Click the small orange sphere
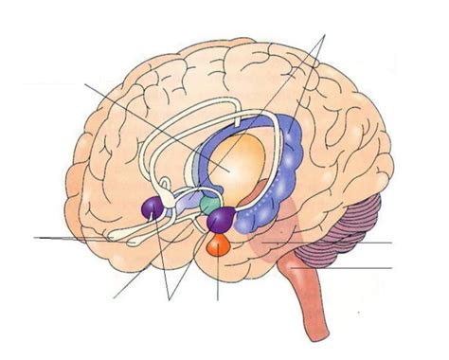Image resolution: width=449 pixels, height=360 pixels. pos(217,247)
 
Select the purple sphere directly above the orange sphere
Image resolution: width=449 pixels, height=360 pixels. pos(220,222)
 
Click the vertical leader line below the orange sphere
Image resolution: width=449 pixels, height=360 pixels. pos(218,279)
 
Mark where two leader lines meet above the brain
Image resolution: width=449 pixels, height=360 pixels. pos(326,35)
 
